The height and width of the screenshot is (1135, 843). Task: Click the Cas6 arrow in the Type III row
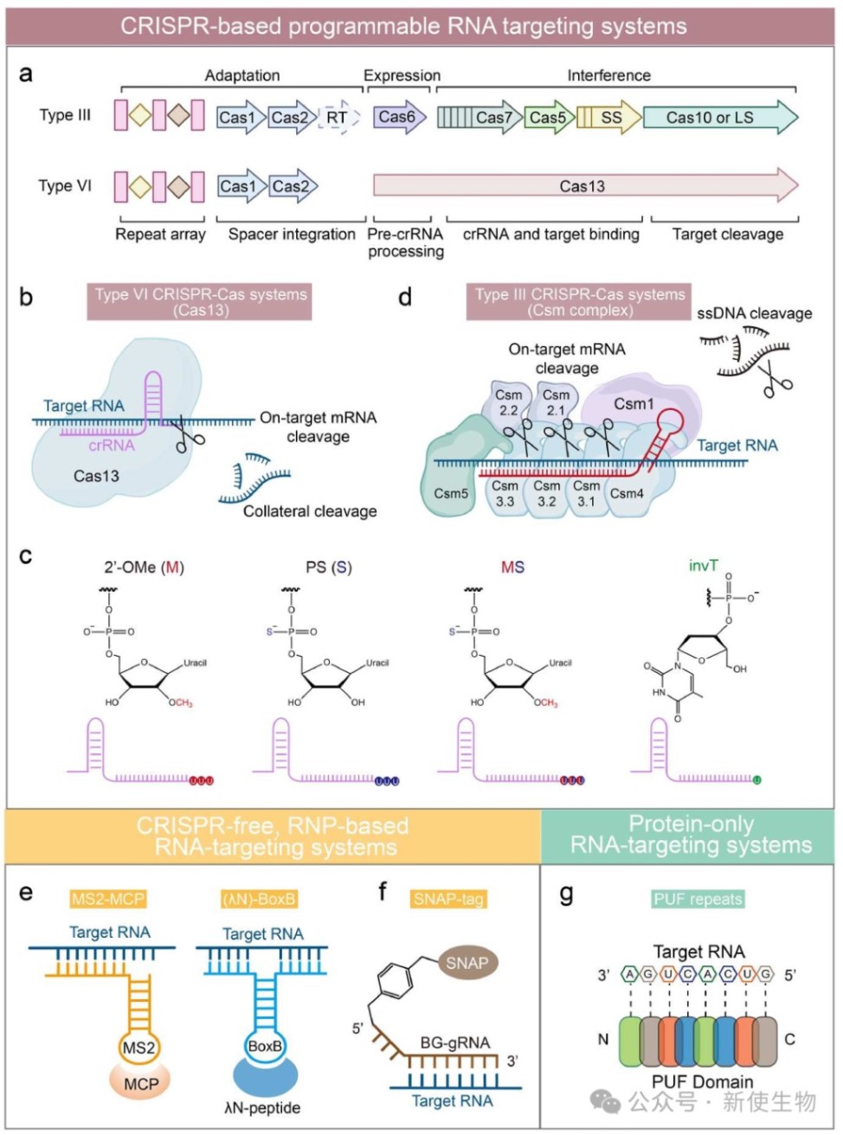pos(398,117)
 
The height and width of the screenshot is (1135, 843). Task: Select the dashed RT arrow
pos(338,118)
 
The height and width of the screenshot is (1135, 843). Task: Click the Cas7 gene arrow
pos(479,118)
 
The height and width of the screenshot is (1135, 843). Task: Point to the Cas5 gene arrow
pos(548,118)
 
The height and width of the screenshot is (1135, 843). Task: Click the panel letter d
pos(404,298)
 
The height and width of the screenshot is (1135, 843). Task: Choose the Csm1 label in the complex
pos(634,404)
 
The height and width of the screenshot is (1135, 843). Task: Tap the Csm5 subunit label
pos(451,493)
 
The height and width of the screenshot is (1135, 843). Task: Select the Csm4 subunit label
pos(627,493)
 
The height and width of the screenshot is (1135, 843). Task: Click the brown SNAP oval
pos(467,963)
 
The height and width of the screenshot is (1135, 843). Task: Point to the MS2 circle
pos(138,1048)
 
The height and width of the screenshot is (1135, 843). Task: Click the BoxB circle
pos(265,1046)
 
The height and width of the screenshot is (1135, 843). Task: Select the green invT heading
pos(703,566)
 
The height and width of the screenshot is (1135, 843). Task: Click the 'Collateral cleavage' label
pos(310,511)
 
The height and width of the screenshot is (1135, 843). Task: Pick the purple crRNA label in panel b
pos(112,446)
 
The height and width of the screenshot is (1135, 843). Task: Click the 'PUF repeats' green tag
pos(698,899)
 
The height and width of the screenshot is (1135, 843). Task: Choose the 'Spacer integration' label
pos(292,234)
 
